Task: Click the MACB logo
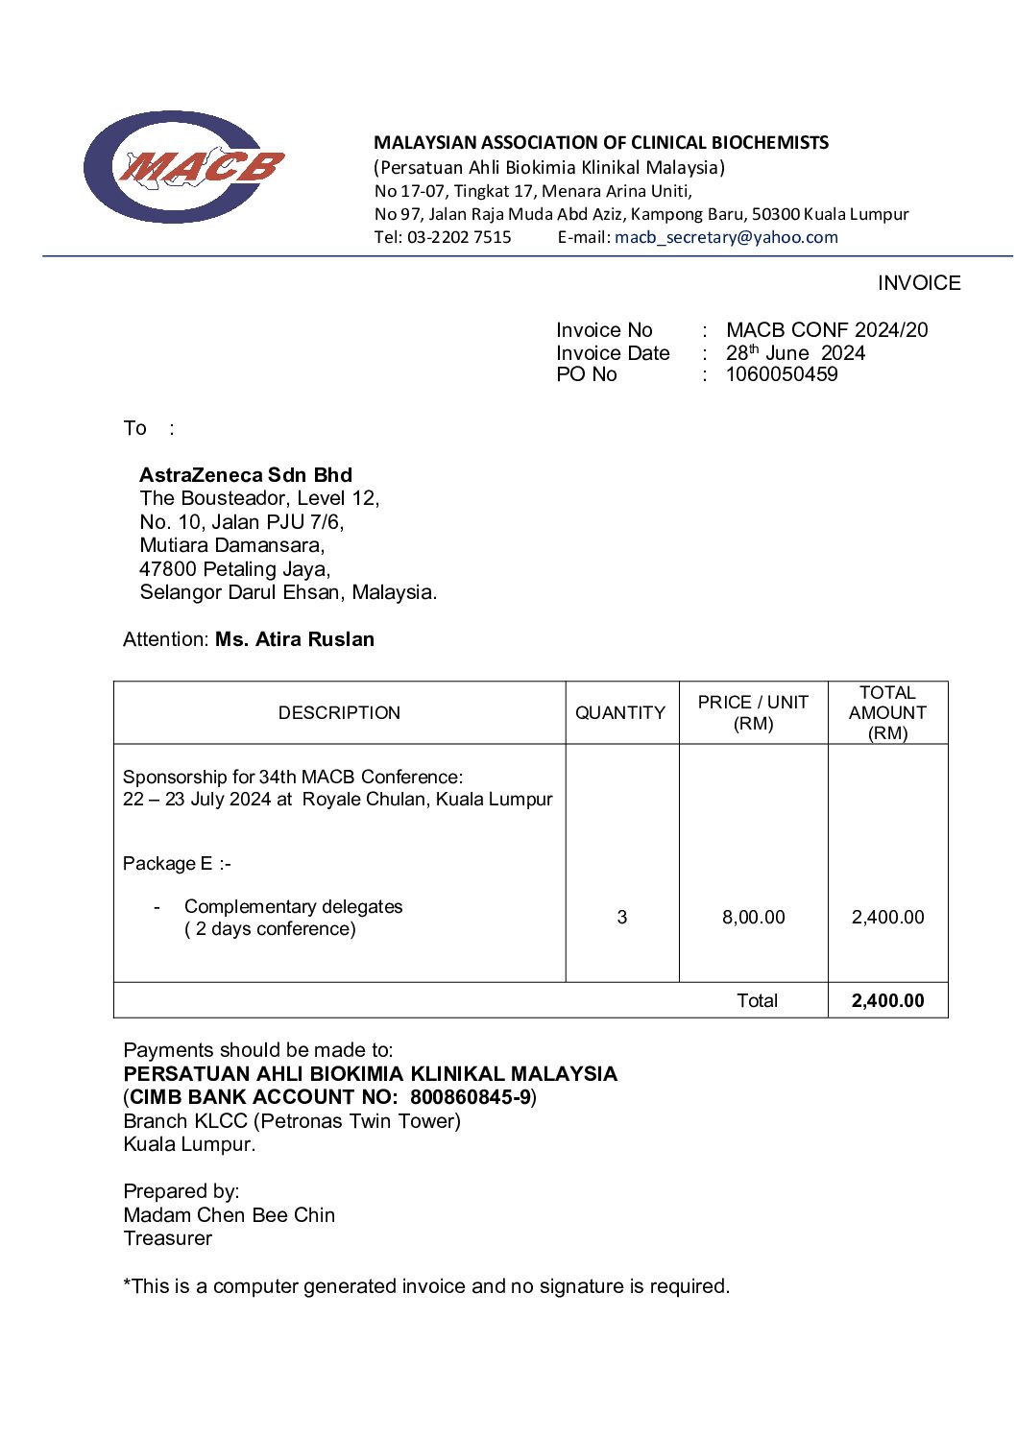click(183, 167)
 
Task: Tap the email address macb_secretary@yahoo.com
click(726, 237)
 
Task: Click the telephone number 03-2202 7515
click(459, 237)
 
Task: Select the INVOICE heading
click(918, 283)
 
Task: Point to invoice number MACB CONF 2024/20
click(827, 330)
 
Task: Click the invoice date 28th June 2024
click(795, 353)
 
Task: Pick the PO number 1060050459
click(782, 374)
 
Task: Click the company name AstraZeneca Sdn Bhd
click(246, 475)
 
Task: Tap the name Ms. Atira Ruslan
click(295, 639)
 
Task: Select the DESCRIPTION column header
click(339, 713)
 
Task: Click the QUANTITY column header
click(620, 713)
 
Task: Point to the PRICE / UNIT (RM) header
click(753, 713)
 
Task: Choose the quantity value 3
click(622, 918)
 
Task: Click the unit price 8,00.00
click(753, 918)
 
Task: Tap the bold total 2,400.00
click(887, 1001)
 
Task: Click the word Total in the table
click(757, 1001)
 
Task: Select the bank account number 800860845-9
click(471, 1097)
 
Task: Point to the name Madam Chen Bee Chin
click(230, 1215)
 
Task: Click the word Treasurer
click(168, 1238)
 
